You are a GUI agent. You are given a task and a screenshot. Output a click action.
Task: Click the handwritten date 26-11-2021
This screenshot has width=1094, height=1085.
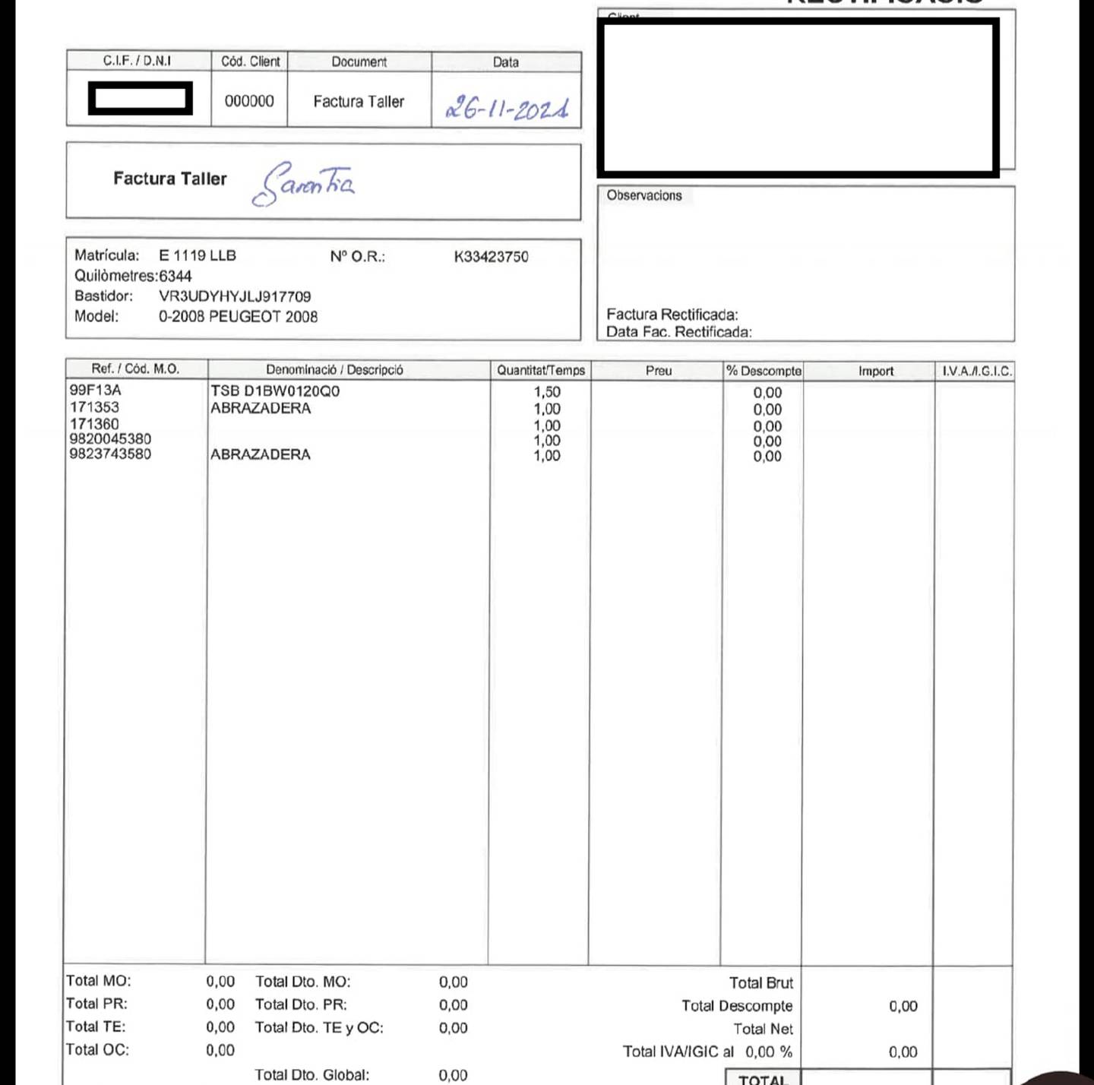(507, 109)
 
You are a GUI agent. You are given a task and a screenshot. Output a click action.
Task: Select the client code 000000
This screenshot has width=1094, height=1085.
(249, 101)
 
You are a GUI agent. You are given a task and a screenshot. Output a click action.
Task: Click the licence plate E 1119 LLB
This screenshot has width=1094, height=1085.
(198, 255)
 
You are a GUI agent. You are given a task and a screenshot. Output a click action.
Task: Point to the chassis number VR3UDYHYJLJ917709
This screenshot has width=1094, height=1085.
(235, 296)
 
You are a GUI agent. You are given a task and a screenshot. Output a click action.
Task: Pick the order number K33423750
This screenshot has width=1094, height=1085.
(491, 257)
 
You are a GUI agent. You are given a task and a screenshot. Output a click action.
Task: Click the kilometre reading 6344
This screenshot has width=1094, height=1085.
(175, 276)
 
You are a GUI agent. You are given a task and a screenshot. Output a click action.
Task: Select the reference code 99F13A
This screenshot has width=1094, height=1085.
(96, 390)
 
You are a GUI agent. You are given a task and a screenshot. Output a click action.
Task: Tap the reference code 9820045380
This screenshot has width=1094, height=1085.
(110, 438)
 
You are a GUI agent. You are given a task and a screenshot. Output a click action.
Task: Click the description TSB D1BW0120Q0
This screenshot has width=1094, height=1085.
(275, 391)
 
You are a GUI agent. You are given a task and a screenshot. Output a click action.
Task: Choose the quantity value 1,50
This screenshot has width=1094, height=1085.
(547, 392)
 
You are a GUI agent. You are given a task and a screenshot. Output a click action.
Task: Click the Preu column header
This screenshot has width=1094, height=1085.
(659, 371)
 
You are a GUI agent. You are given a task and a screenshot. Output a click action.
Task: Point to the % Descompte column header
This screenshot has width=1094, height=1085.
(764, 371)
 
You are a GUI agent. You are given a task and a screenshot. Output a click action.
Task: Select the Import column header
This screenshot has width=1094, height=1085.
(876, 371)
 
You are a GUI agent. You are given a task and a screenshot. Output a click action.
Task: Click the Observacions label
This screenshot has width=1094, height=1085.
(644, 195)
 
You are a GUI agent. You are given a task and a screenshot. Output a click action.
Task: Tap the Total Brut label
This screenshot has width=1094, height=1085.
(761, 982)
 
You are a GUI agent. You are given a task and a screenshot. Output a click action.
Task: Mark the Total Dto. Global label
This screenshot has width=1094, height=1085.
(312, 1074)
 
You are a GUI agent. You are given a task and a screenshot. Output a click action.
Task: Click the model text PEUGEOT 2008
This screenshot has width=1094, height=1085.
(263, 317)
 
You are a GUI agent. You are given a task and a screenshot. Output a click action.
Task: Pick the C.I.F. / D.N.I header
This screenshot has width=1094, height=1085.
(138, 61)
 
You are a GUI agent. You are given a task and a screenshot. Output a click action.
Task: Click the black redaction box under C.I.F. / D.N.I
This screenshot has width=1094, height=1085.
(141, 98)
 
